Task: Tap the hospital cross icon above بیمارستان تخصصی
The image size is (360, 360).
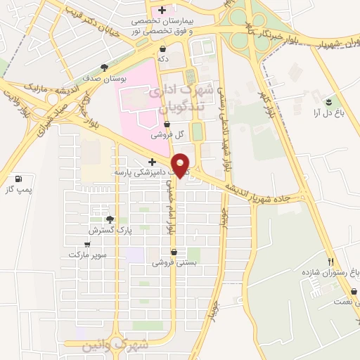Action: tap(162, 10)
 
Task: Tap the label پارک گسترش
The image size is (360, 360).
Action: tap(105, 230)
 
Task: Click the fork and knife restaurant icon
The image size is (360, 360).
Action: tap(330, 260)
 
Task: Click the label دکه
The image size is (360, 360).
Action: tap(163, 59)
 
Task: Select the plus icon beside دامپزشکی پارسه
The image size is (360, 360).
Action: tap(152, 162)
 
